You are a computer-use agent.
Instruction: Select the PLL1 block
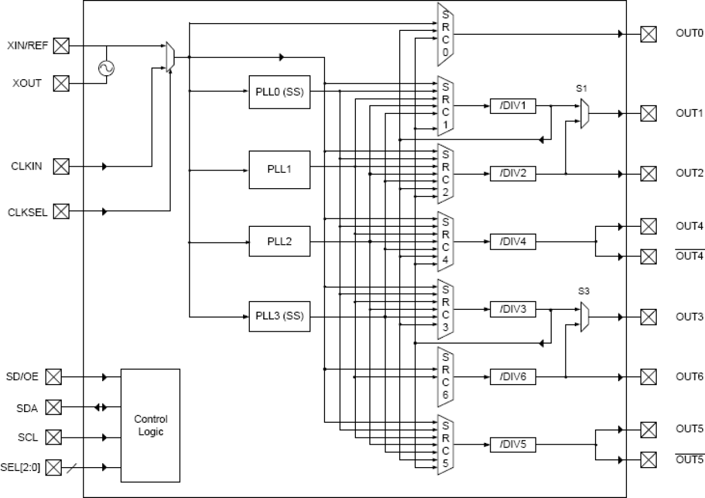[279, 169]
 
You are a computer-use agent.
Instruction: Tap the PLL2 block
[279, 241]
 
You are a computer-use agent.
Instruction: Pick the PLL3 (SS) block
[279, 316]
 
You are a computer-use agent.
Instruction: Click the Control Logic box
[150, 425]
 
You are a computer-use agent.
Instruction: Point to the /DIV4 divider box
[513, 241]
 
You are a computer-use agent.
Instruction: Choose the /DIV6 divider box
[513, 377]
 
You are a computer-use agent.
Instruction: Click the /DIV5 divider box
[513, 444]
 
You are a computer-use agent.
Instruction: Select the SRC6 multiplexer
[445, 377]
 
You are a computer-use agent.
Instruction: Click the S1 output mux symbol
[584, 114]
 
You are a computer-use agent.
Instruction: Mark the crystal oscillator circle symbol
[106, 68]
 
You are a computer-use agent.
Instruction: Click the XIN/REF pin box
[61, 45]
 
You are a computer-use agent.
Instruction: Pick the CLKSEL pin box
[61, 212]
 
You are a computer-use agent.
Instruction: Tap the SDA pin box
[53, 407]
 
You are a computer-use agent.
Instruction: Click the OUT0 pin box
[648, 34]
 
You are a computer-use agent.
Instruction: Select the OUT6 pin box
[648, 377]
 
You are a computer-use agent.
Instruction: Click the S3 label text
[584, 292]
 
